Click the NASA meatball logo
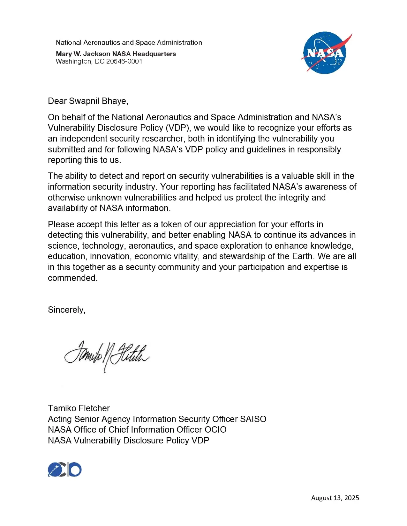325,53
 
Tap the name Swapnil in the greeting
81,101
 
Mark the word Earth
302,256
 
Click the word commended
72,278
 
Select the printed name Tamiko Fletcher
79,408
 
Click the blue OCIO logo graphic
65,470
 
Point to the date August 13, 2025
335,498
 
